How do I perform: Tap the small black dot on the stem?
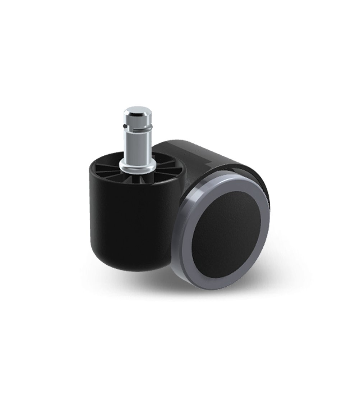click(124, 126)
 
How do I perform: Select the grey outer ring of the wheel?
click(187, 234)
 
